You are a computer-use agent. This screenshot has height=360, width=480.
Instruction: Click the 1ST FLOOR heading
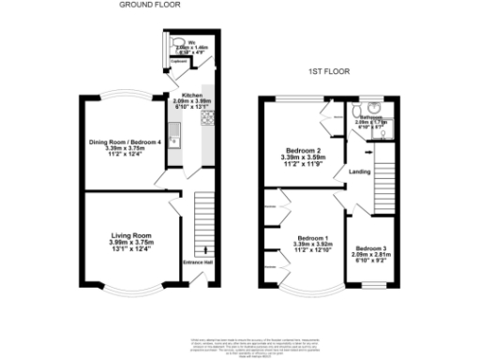(x=330, y=72)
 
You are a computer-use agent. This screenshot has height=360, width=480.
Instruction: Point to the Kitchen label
(x=180, y=96)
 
